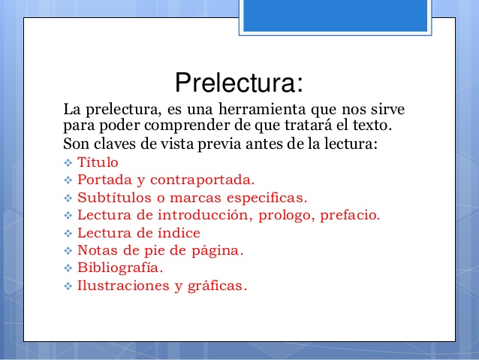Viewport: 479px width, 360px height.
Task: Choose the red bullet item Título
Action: coord(98,162)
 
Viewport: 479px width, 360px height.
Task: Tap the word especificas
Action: coord(264,198)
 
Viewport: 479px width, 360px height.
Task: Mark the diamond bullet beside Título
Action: coord(68,162)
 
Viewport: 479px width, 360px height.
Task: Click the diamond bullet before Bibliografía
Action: coord(68,268)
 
